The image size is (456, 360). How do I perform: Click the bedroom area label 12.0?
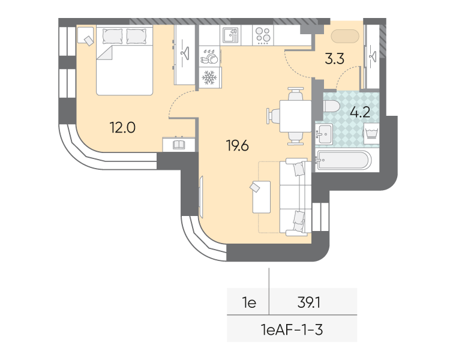122,128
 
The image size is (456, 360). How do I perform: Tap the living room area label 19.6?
238,145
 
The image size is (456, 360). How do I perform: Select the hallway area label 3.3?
334,59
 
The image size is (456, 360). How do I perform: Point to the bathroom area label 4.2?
360,112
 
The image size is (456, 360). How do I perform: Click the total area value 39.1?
309,303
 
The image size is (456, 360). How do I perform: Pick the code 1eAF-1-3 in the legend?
292,330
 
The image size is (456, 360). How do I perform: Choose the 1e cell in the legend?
249,303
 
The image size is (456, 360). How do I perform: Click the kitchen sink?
230,35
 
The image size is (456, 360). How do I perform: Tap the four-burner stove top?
263,35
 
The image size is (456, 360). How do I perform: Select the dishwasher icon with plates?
210,56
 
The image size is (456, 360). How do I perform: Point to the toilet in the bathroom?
331,106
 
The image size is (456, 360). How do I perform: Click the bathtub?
344,160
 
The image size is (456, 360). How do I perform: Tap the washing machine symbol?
371,133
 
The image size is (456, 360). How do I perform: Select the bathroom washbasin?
324,134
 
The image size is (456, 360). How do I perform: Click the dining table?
295,116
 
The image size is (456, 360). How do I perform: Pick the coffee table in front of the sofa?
262,197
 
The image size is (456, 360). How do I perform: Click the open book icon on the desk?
179,145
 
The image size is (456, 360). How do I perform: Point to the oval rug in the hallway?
345,37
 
